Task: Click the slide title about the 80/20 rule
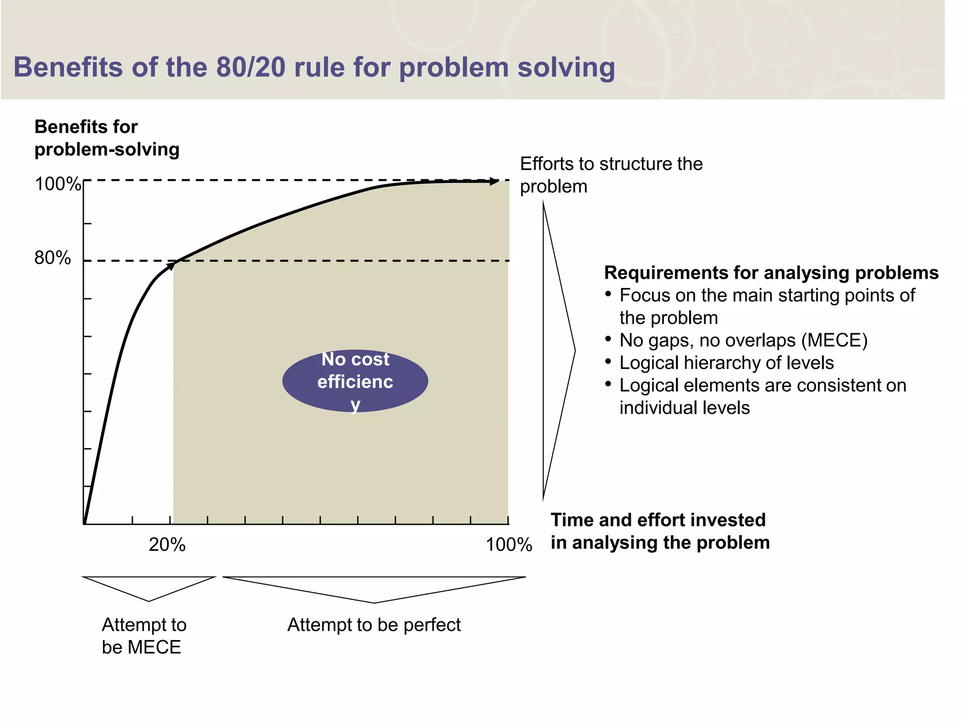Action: click(314, 67)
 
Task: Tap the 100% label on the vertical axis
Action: click(57, 184)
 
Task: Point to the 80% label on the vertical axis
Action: click(52, 258)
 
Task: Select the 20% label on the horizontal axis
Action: click(167, 545)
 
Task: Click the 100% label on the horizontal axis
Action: click(508, 545)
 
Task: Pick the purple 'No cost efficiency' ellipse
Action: click(355, 381)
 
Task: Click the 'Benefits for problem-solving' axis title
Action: click(106, 138)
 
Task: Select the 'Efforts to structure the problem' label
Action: click(611, 175)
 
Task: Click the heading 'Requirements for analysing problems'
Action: click(771, 273)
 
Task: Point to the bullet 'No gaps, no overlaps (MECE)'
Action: click(743, 340)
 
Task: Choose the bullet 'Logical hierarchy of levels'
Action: click(726, 362)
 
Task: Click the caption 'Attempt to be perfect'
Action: click(374, 625)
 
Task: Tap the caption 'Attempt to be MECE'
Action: click(144, 635)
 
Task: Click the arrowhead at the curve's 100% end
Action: click(494, 181)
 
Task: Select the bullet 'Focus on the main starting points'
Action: click(766, 306)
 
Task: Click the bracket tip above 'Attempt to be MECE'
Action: click(149, 601)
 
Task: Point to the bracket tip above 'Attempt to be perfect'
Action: click(374, 602)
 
